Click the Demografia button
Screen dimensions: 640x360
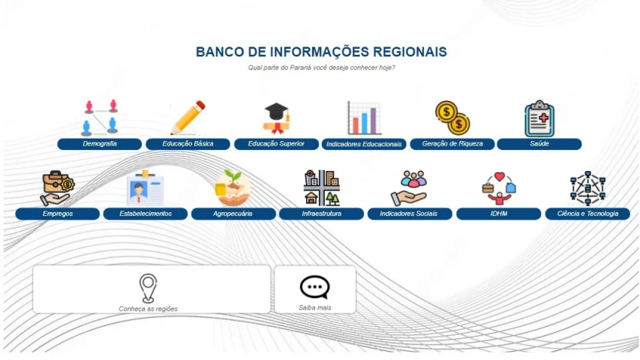point(100,144)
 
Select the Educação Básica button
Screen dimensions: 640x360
point(188,144)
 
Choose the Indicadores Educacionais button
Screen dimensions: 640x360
point(364,144)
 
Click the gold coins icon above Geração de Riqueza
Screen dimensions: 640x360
point(452,118)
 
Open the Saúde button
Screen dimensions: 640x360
point(539,144)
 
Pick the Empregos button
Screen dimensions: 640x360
point(58,214)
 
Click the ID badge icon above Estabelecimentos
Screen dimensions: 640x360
point(146,188)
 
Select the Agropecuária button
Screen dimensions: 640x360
point(233,214)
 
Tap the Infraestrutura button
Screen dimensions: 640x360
point(322,214)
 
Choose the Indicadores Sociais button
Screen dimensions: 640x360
point(410,214)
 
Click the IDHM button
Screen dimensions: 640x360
point(499,214)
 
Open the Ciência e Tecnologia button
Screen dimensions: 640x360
point(587,214)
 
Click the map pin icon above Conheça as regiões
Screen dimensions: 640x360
point(148,288)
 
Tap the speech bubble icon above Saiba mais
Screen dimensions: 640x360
point(314,287)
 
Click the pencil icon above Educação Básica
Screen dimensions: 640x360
point(188,118)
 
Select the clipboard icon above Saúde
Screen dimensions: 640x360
point(539,118)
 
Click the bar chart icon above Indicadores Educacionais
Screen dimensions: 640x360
point(364,118)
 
